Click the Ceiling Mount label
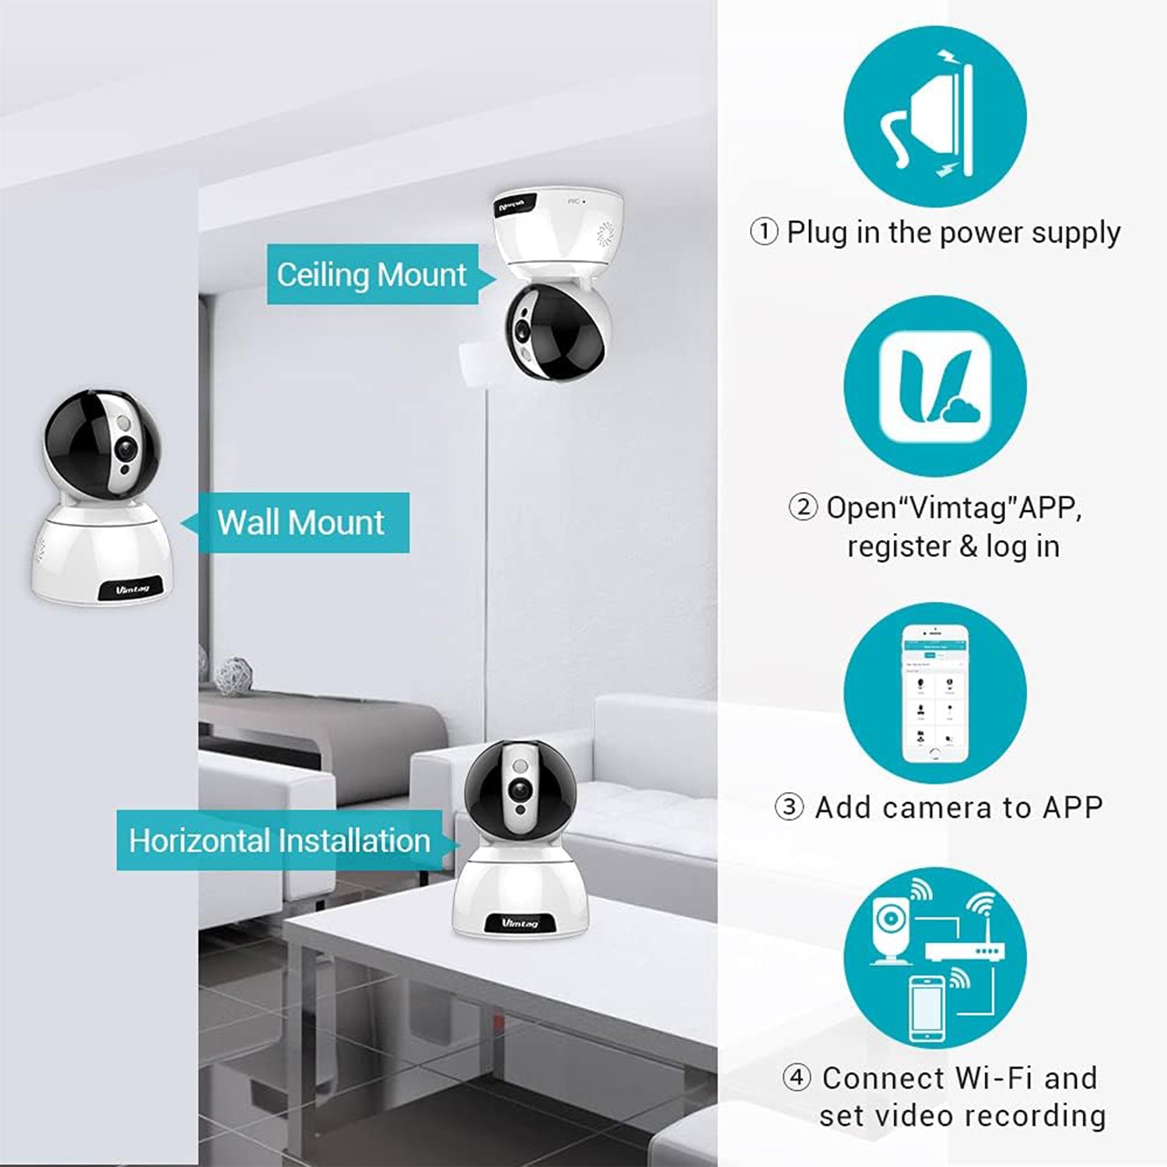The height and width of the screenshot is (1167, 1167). pos(372,275)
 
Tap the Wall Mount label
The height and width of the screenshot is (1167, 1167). pos(301,522)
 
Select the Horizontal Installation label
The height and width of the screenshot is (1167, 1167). pos(279,840)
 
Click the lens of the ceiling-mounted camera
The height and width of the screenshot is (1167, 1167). pos(521,327)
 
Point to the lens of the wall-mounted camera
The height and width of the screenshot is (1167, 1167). pos(124,449)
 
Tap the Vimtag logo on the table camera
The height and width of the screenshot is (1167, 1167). pos(520,923)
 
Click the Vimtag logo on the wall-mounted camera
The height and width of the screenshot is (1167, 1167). pos(131,589)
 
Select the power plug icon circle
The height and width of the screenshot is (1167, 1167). pos(934,117)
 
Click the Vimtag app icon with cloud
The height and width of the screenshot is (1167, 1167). pos(934,387)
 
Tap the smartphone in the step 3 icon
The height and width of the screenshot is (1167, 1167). pos(934,694)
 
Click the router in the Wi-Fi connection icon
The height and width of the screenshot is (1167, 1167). pos(965,951)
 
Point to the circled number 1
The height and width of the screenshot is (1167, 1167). pos(763,232)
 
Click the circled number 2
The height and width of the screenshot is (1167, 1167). pos(803,507)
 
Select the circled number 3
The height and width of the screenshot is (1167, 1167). pos(789,807)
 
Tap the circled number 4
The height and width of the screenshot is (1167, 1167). pos(797,1078)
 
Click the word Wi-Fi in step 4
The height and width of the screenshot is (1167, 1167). pos(994,1078)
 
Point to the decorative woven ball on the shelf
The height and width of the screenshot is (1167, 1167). pos(233,675)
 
